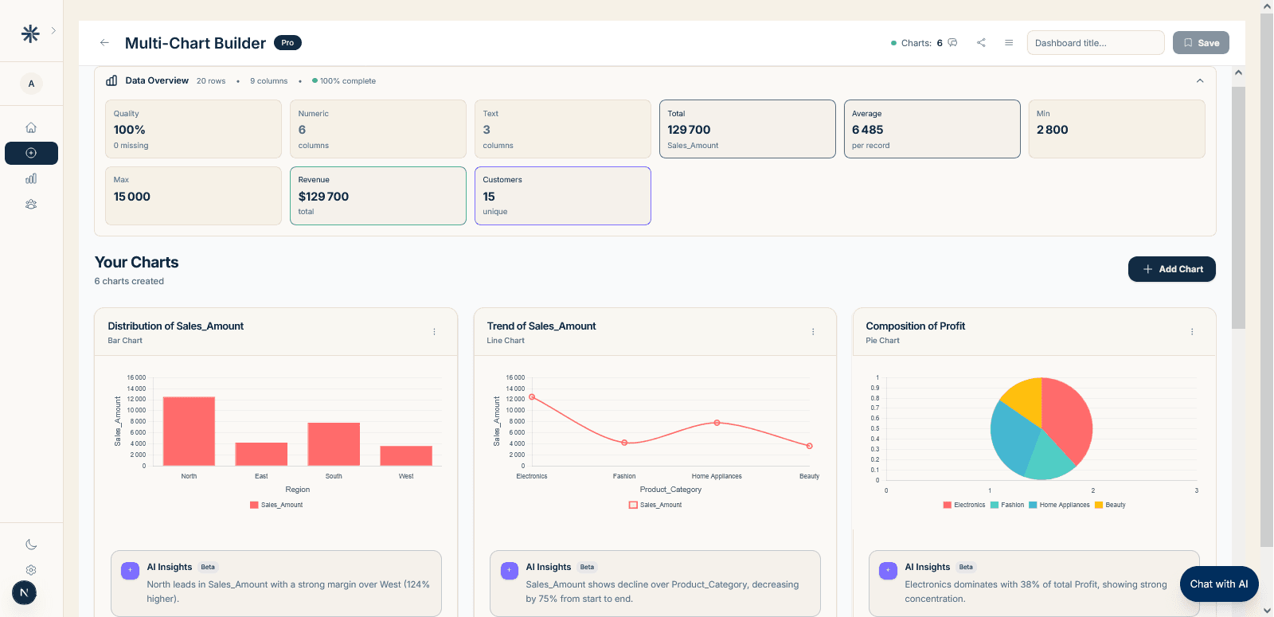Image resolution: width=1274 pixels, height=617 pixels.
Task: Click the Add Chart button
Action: (1171, 269)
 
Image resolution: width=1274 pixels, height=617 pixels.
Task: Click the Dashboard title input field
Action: (1095, 43)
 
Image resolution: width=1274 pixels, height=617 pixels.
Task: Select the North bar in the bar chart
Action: (189, 431)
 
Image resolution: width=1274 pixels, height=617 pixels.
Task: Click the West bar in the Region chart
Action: (406, 455)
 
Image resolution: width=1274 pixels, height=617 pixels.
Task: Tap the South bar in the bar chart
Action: (334, 443)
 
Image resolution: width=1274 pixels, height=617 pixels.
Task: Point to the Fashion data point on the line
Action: (624, 443)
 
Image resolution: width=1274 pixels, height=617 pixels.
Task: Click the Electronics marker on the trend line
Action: (532, 396)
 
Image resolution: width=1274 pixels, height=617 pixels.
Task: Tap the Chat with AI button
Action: (1218, 584)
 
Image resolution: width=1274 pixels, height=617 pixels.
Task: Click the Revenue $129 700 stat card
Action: (377, 196)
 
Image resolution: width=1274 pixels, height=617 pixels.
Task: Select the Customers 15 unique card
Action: (562, 196)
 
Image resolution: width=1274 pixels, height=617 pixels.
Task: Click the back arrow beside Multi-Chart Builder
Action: (104, 43)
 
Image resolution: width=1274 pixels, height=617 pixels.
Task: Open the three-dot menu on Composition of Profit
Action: (1192, 332)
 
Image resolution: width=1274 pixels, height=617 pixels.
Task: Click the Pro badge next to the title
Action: (287, 43)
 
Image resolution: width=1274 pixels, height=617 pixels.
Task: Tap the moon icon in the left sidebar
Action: (31, 545)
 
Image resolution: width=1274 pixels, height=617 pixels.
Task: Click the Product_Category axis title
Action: (670, 490)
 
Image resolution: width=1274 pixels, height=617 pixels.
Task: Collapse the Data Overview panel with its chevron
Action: (1200, 81)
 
